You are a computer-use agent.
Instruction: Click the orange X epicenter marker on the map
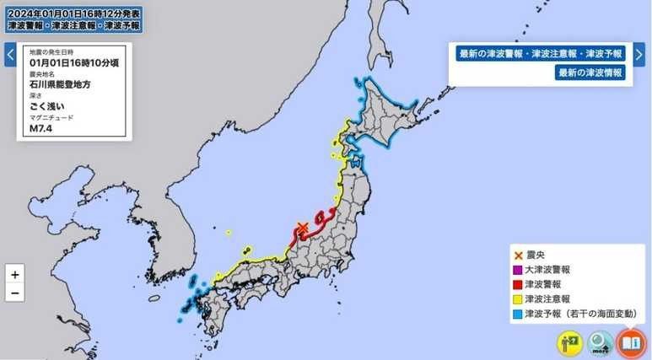[303, 227]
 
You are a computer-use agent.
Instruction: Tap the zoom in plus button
[14, 275]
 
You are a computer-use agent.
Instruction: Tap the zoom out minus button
[14, 293]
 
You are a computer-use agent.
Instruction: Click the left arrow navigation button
[10, 55]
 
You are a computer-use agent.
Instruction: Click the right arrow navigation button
[639, 55]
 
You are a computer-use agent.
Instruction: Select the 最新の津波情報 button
[590, 73]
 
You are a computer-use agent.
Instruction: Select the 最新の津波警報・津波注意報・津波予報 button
[541, 54]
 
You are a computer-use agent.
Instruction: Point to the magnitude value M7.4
[40, 128]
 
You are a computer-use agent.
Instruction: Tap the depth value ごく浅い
[47, 106]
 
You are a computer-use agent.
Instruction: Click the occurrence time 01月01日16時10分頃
[73, 62]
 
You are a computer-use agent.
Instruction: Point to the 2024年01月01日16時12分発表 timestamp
[74, 14]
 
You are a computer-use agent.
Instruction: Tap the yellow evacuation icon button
[569, 342]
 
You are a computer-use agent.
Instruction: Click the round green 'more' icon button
[600, 342]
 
